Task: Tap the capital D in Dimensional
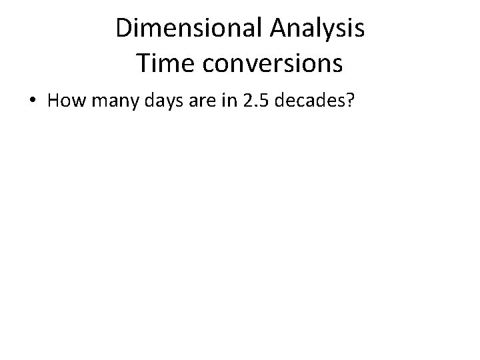tap(123, 29)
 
